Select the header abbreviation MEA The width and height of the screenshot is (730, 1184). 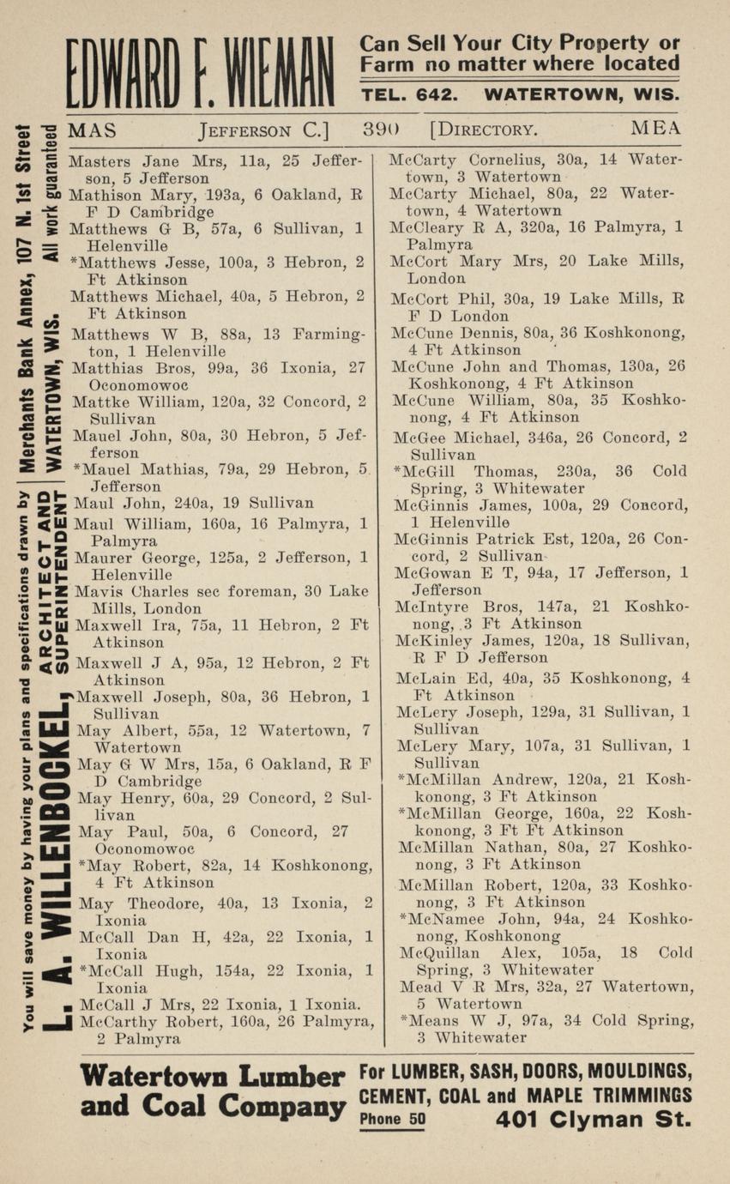(655, 129)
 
